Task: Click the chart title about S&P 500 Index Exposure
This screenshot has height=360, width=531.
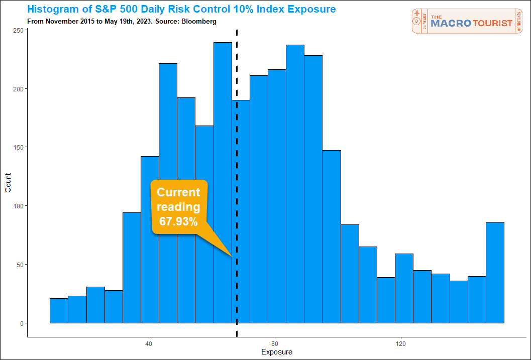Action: click(181, 10)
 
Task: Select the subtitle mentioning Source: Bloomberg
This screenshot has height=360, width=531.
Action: click(121, 22)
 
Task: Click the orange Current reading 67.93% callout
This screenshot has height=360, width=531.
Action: click(179, 206)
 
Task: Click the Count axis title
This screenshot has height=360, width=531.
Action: click(8, 182)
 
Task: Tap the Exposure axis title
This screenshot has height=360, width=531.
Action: click(276, 352)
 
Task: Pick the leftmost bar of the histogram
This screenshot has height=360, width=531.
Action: click(59, 311)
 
